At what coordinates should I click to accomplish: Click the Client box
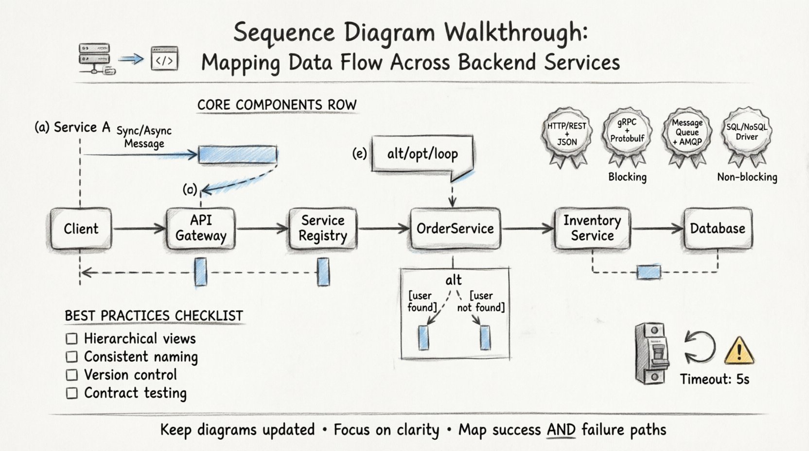coord(81,228)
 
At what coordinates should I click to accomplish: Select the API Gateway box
coord(201,228)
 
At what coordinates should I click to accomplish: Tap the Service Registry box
coord(323,228)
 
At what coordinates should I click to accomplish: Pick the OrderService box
coord(455,228)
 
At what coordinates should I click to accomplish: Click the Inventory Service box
coord(592,228)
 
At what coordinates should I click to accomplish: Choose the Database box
coord(718,228)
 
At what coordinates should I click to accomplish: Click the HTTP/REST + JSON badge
coord(567,133)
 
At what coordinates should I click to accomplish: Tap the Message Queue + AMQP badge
coord(687,132)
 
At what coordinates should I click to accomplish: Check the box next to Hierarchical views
coord(71,339)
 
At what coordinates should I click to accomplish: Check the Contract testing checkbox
coord(71,393)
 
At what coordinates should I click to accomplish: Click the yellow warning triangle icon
coord(739,351)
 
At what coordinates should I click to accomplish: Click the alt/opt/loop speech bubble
coord(422,155)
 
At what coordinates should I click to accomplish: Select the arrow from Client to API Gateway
coord(139,228)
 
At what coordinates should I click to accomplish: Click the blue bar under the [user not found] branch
coord(485,338)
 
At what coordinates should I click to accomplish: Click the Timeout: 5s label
coord(714,379)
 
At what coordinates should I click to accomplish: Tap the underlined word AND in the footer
coord(561,430)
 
